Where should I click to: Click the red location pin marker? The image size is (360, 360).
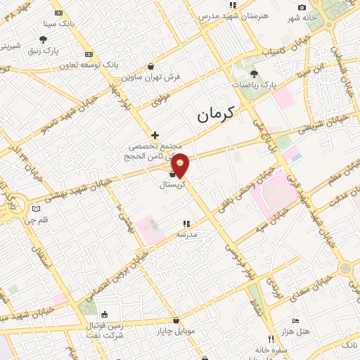(x=181, y=165)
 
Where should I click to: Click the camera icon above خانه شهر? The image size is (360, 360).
(x=302, y=7)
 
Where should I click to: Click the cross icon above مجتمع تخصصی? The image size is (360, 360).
(x=155, y=134)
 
